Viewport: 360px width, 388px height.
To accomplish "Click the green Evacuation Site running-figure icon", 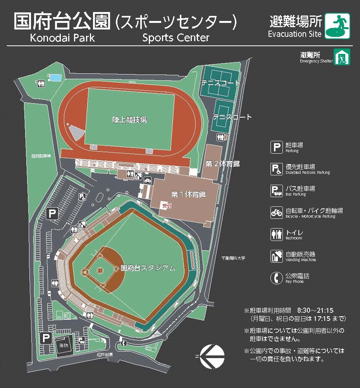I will (337, 26).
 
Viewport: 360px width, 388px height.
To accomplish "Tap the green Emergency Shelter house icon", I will (342, 57).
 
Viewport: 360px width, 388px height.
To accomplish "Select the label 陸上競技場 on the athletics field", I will (130, 120).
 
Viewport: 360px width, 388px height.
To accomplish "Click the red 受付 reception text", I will (166, 206).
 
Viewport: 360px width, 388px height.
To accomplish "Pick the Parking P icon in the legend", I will (276, 147).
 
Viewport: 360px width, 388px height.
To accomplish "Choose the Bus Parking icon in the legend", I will (276, 191).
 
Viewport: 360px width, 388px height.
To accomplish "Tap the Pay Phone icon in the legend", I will (276, 278).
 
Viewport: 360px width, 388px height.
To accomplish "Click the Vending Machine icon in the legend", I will (276, 256).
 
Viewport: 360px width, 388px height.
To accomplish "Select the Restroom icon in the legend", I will (276, 234).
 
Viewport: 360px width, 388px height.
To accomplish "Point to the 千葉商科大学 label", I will (234, 258).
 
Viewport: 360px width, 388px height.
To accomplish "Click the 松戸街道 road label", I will (105, 355).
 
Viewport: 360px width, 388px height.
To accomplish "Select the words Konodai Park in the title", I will (62, 38).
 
